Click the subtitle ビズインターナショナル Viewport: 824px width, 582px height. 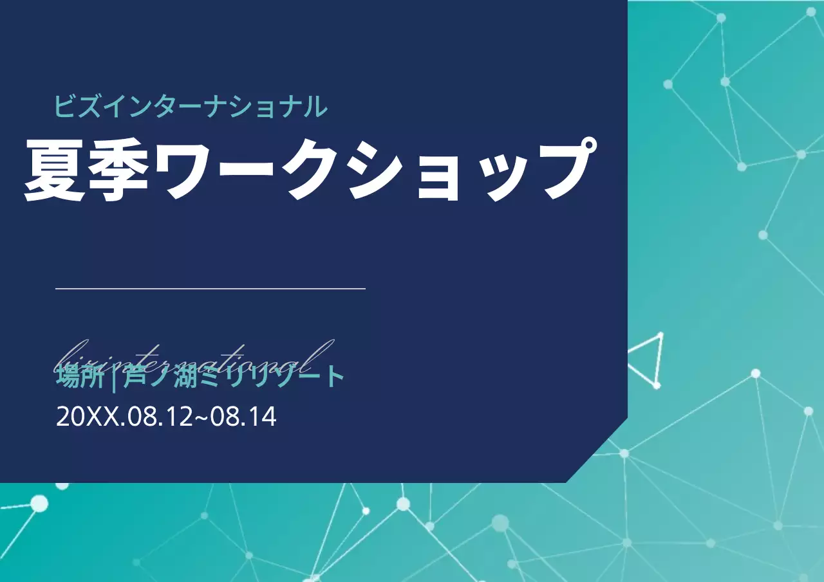click(x=191, y=106)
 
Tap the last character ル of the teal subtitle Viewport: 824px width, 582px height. click(x=315, y=107)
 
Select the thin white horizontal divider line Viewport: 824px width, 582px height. click(x=211, y=289)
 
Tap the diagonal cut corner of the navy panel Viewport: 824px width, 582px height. click(x=597, y=451)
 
